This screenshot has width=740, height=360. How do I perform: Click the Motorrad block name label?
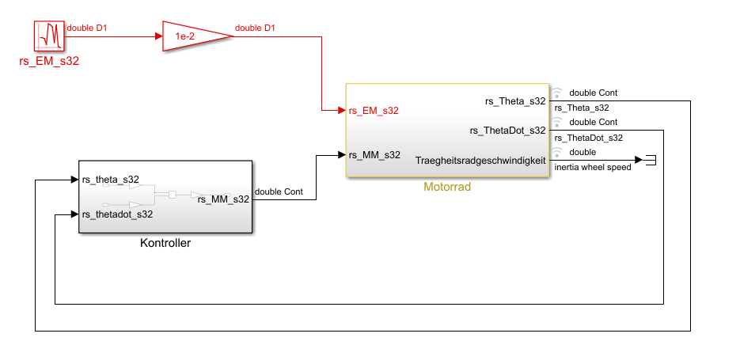click(x=446, y=188)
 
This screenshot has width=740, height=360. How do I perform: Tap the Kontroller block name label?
click(x=165, y=243)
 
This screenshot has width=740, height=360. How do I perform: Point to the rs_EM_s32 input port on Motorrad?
click(x=374, y=111)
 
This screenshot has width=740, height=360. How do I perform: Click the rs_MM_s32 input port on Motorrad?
click(x=374, y=155)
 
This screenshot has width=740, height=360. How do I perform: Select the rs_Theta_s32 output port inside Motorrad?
click(x=515, y=101)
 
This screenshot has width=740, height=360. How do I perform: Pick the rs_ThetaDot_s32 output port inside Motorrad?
click(x=507, y=131)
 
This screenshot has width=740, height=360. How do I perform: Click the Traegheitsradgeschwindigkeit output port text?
click(x=480, y=161)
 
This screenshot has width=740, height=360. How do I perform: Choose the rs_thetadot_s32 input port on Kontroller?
click(x=117, y=214)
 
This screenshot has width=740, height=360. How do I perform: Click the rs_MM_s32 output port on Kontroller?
click(x=224, y=199)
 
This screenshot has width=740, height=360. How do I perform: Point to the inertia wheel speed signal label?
click(x=593, y=167)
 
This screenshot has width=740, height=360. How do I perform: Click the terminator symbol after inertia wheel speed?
click(x=650, y=161)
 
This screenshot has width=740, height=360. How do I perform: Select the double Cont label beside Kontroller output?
click(x=279, y=191)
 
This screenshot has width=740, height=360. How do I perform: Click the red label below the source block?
click(x=49, y=60)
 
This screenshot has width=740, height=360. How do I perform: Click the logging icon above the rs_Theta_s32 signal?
click(x=556, y=93)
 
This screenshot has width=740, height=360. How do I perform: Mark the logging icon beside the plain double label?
click(x=556, y=152)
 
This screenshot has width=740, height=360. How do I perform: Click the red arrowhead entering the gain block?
click(x=157, y=36)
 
